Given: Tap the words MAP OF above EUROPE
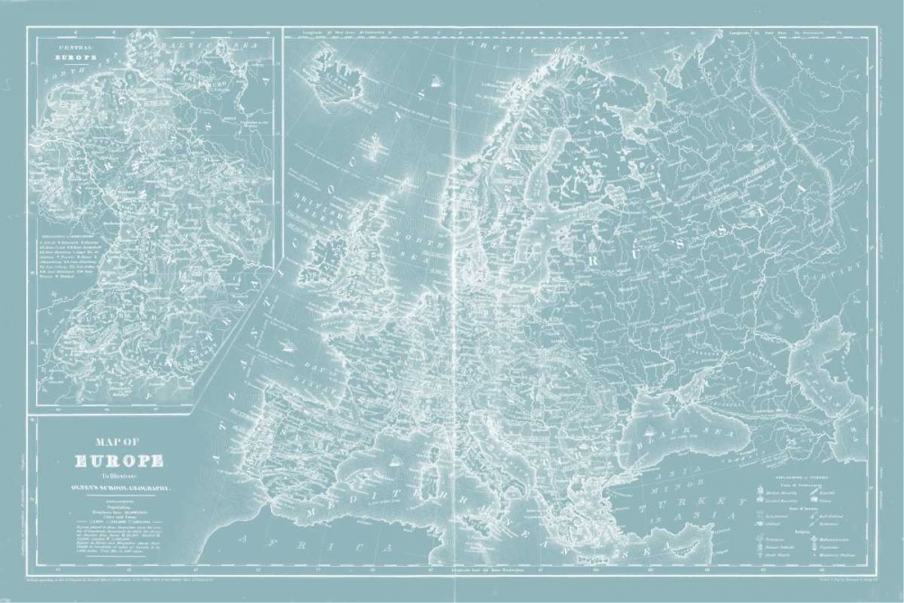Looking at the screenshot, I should [x=118, y=442].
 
